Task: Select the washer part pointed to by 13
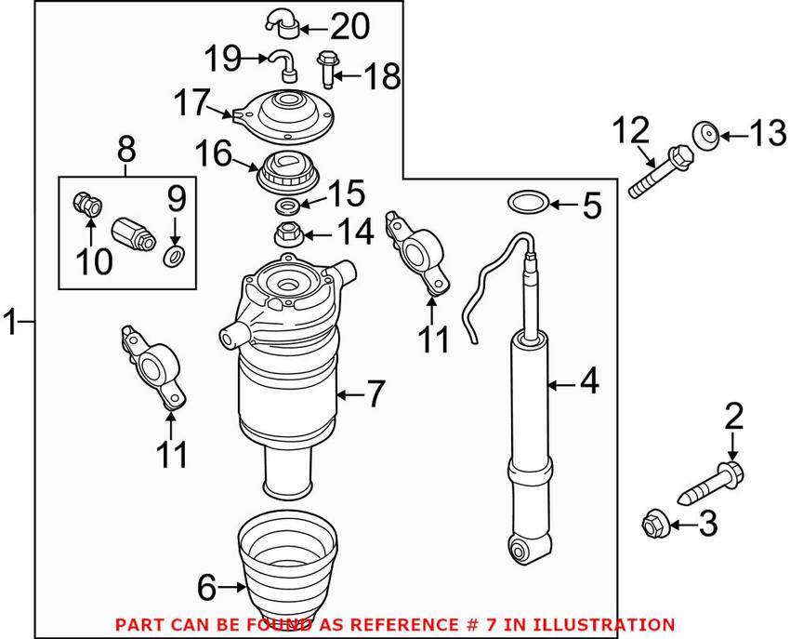707,137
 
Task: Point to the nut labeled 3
652,525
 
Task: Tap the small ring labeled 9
174,256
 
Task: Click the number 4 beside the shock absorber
588,382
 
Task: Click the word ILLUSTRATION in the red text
600,624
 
